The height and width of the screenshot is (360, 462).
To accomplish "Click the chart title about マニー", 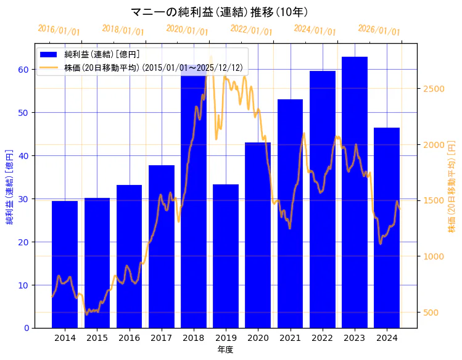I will pyautogui.click(x=220, y=12).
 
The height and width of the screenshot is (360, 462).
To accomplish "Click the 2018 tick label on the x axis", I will pyautogui.click(x=194, y=338).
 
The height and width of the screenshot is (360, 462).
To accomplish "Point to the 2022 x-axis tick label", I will pyautogui.click(x=322, y=338).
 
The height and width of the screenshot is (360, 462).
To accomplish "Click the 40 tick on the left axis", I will pyautogui.click(x=22, y=156).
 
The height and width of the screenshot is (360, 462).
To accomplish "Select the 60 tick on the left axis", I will pyautogui.click(x=22, y=70).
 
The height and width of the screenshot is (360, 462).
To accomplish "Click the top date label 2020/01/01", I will pyautogui.click(x=188, y=30).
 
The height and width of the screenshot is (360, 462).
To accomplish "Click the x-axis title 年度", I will pyautogui.click(x=225, y=350).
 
